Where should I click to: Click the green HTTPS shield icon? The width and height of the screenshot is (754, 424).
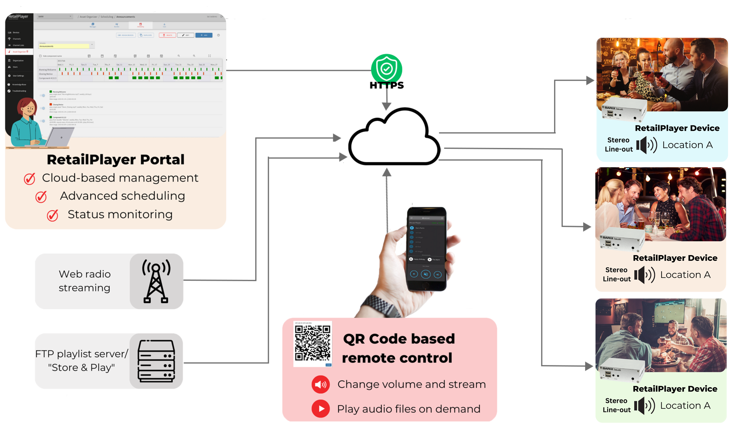[386, 69]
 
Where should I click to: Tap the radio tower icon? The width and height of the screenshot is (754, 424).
[156, 281]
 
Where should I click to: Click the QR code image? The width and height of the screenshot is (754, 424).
[313, 343]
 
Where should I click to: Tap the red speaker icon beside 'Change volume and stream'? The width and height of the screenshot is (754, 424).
[320, 384]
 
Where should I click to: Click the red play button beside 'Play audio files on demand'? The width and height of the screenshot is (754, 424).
[320, 409]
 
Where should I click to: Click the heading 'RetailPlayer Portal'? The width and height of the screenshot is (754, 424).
[115, 159]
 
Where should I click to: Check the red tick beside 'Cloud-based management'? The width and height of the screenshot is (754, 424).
[30, 178]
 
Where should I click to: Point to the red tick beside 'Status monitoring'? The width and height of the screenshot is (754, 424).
[52, 215]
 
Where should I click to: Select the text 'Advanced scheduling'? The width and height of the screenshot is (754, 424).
[123, 196]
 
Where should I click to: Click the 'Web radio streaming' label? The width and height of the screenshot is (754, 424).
[84, 281]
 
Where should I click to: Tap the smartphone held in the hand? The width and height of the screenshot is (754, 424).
[426, 249]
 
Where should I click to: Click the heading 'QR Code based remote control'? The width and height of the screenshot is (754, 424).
[398, 348]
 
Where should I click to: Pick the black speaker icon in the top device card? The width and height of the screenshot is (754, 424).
[646, 145]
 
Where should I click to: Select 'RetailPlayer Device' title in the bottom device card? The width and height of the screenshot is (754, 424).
[675, 389]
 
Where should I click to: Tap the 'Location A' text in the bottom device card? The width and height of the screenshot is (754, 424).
[685, 406]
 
